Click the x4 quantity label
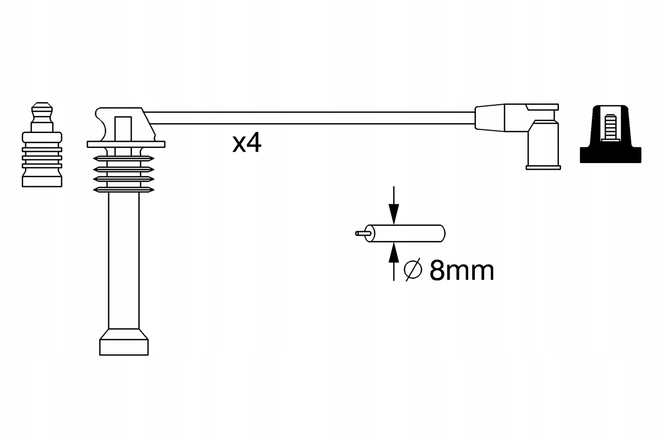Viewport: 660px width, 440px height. (247, 144)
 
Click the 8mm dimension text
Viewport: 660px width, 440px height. (461, 270)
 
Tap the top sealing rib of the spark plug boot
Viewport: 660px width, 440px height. (124, 158)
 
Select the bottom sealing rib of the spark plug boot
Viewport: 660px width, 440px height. (124, 189)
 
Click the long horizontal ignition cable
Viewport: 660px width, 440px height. (309, 118)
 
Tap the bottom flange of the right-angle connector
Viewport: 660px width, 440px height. (542, 167)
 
